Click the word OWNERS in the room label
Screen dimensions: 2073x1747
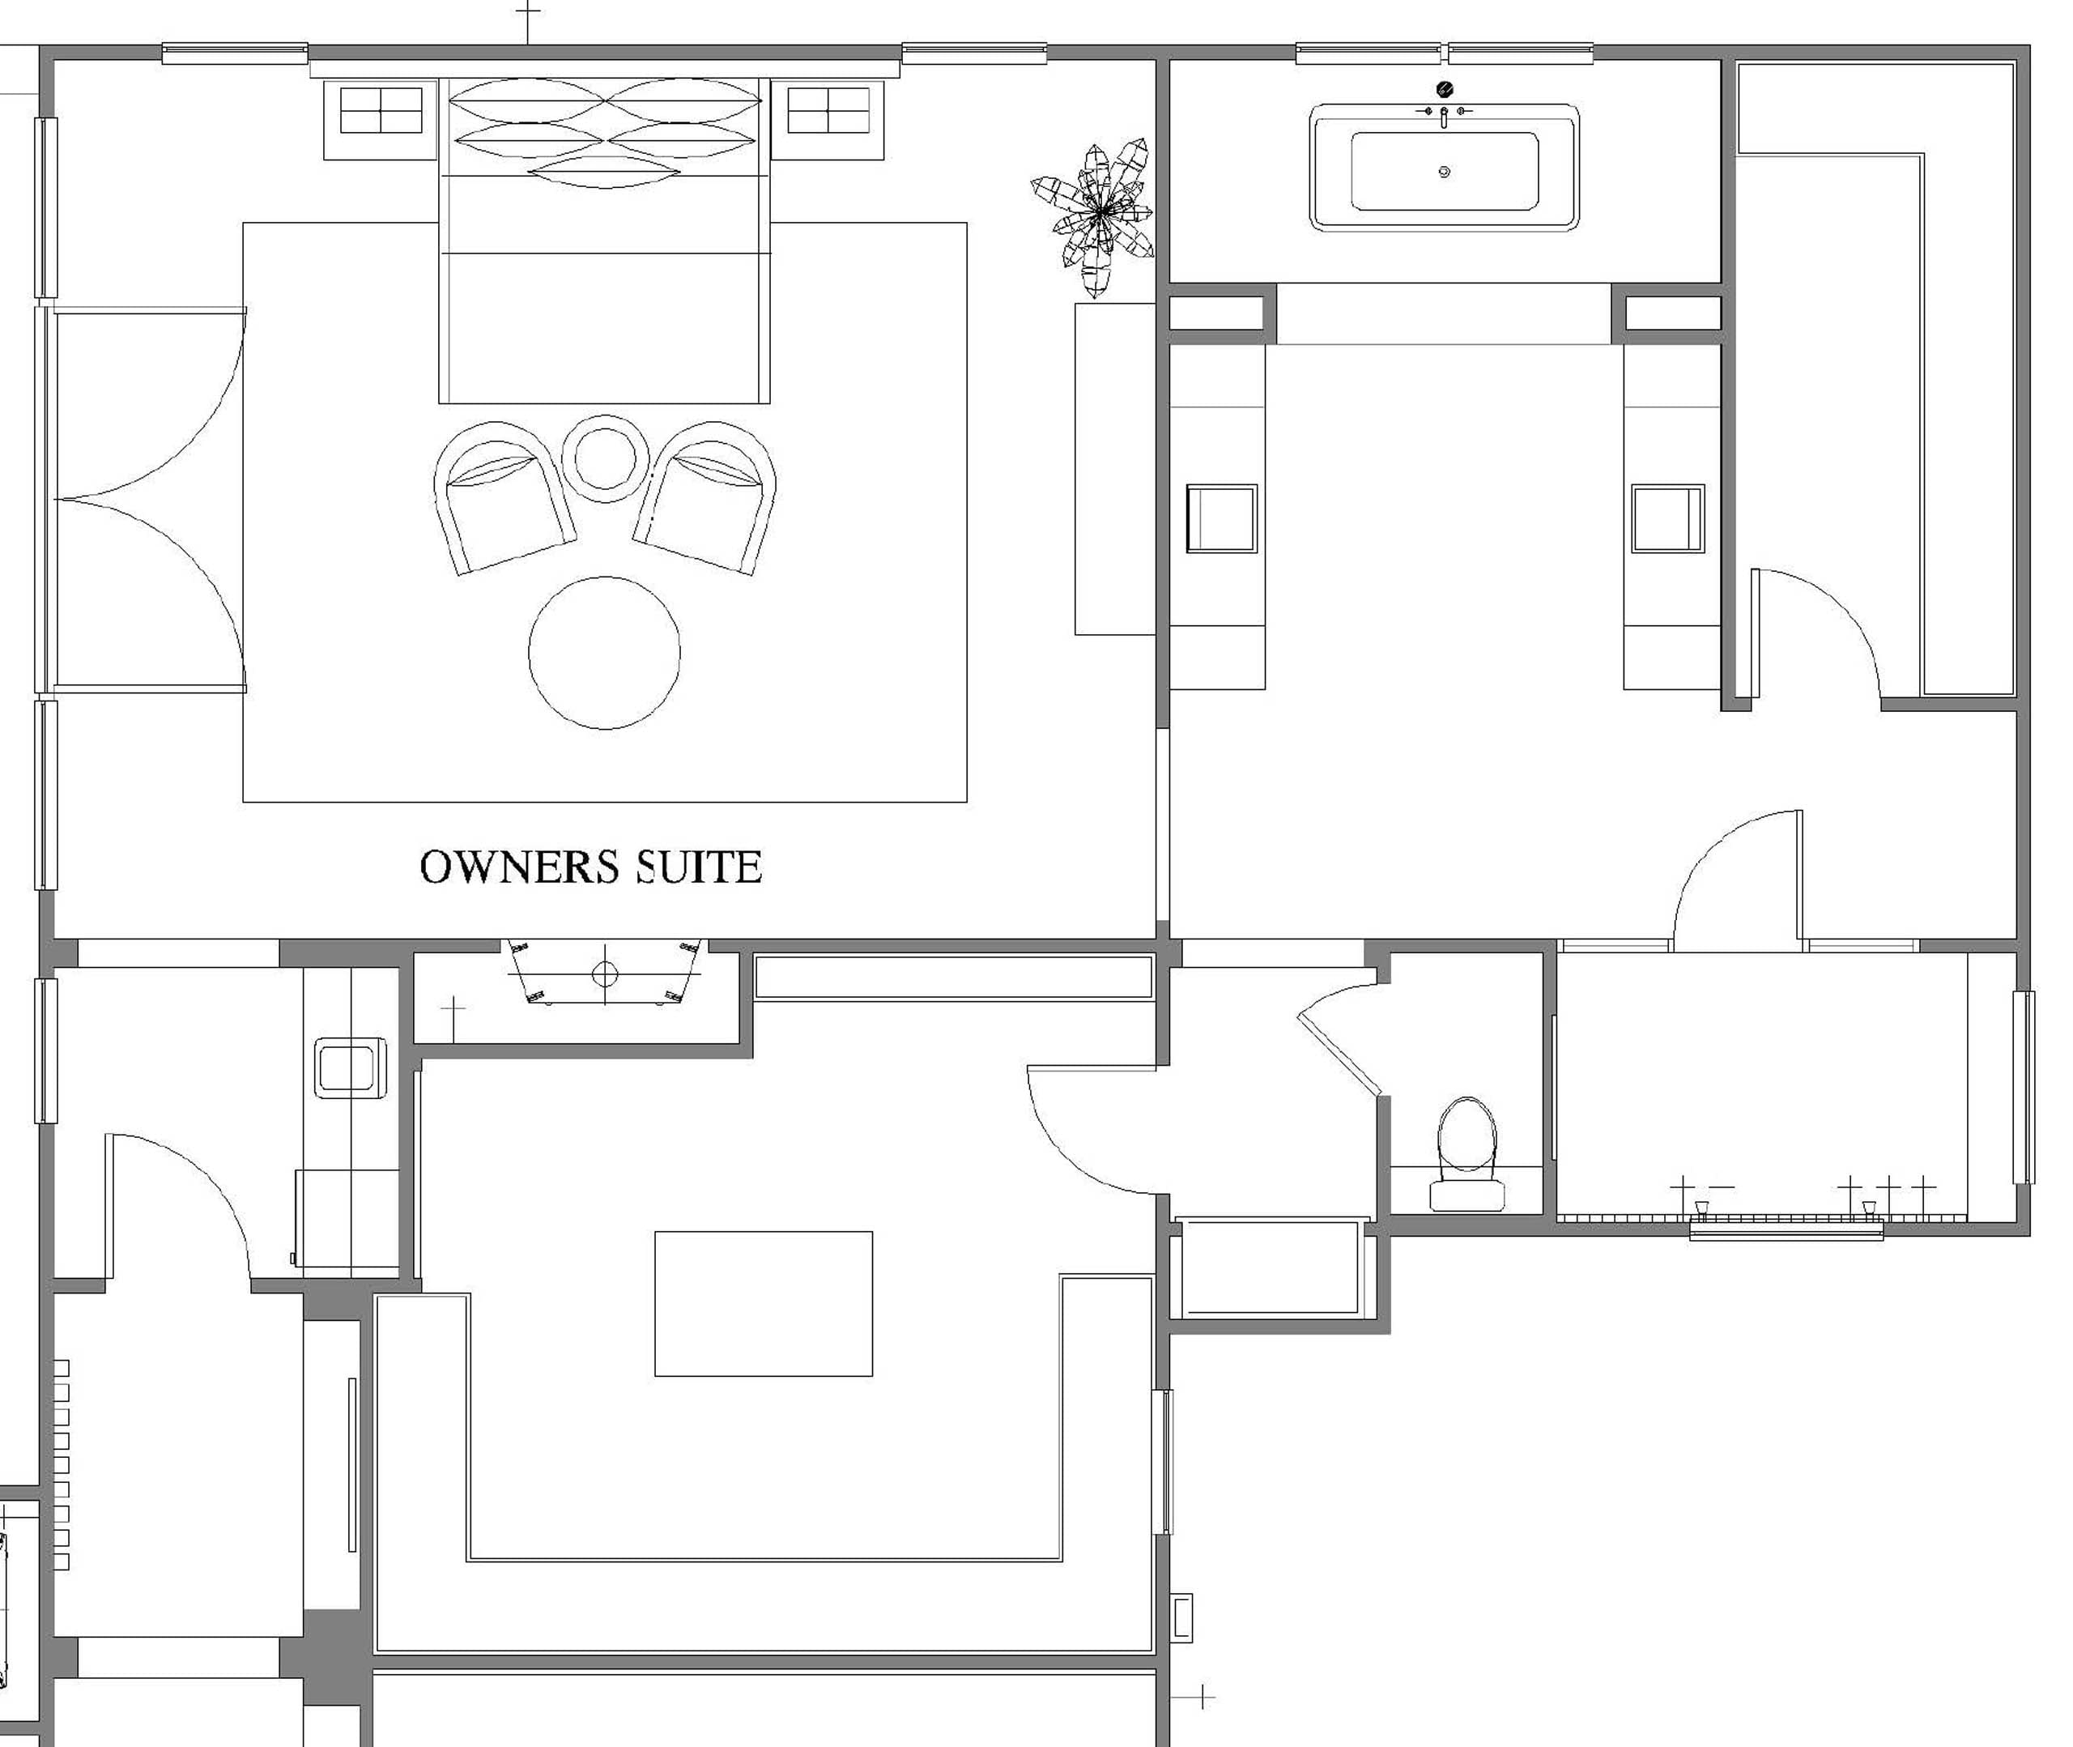[x=521, y=867]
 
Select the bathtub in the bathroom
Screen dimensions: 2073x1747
[x=1445, y=168]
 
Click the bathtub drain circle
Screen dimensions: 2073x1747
[x=1445, y=172]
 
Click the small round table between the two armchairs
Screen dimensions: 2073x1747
[x=605, y=458]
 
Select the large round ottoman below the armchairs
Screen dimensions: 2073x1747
[x=605, y=653]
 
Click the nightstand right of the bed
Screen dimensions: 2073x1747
[x=828, y=120]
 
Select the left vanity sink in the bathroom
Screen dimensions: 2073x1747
[x=1222, y=518]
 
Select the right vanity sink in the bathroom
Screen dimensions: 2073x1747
[x=1668, y=518]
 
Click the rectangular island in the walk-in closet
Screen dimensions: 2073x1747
[x=764, y=1303]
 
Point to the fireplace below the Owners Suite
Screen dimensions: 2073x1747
[x=605, y=973]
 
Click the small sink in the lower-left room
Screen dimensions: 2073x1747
[x=351, y=1067]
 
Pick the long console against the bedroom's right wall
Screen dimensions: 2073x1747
[x=1115, y=468]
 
